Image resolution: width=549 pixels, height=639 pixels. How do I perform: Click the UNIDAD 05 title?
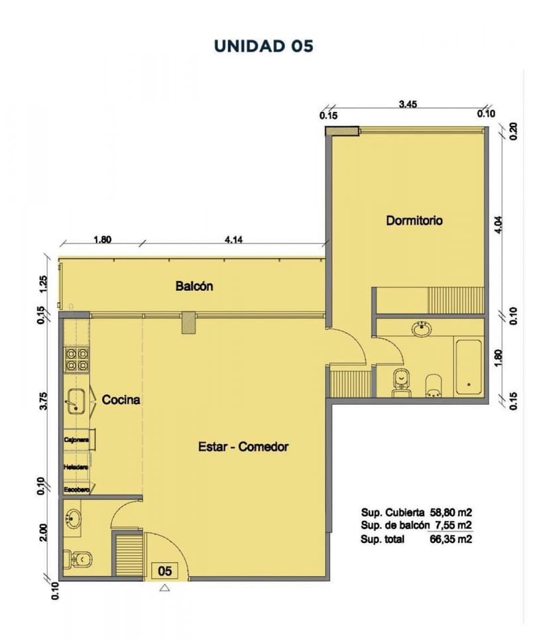[263, 46]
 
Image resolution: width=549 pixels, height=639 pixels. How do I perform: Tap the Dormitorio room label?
[414, 221]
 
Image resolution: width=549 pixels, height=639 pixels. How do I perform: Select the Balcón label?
[194, 286]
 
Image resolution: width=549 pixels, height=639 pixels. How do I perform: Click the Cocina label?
[121, 400]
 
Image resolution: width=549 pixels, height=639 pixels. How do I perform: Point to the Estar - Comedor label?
[243, 447]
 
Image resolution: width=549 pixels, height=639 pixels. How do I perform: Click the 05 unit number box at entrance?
[165, 570]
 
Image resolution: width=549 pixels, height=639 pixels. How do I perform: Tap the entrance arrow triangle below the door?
[165, 587]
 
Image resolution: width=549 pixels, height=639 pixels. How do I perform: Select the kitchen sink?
[76, 400]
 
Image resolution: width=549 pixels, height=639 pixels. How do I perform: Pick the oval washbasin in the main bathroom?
[421, 328]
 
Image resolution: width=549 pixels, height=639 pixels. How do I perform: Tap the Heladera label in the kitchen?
[76, 467]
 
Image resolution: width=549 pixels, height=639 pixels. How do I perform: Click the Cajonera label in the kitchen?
[77, 439]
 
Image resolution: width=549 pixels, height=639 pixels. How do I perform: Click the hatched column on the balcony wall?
[189, 322]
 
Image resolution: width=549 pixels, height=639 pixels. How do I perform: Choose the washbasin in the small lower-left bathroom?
[72, 518]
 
